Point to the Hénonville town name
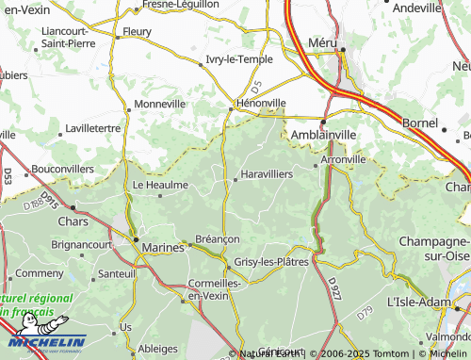click(259, 104)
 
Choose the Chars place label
click(72, 222)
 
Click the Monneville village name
click(160, 104)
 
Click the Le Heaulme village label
click(160, 185)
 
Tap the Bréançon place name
click(217, 239)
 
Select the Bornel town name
click(419, 123)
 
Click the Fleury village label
click(137, 30)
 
